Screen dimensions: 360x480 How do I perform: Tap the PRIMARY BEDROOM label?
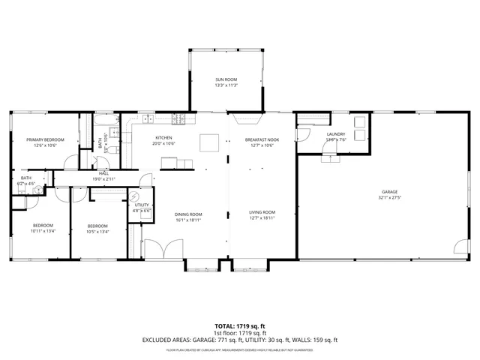coord(45,139)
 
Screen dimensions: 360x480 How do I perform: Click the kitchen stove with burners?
coord(179,118)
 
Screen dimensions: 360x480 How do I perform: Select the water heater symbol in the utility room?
coord(135,196)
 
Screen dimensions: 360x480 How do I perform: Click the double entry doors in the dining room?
coord(164,250)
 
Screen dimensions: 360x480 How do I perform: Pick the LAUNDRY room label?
coord(336,134)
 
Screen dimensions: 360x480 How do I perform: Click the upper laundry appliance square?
coord(359,121)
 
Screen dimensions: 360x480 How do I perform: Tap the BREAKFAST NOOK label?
coord(262,139)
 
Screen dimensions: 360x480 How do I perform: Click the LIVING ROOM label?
coord(262,212)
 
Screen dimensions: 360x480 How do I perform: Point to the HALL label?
coord(104,173)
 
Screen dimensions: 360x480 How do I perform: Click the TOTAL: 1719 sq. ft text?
coord(239,325)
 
